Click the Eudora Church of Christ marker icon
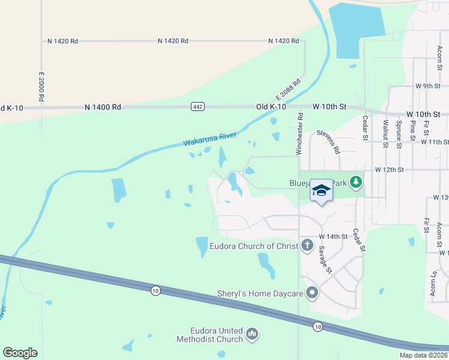click(307, 245)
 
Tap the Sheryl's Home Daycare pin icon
click(312, 293)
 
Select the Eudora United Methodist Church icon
click(252, 334)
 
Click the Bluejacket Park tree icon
click(356, 181)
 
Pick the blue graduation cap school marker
click(321, 191)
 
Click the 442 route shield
click(197, 106)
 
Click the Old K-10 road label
click(276, 106)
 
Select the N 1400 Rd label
click(103, 107)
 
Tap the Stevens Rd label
click(328, 141)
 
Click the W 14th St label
click(333, 237)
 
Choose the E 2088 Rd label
click(288, 89)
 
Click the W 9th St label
click(428, 86)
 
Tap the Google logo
click(20, 353)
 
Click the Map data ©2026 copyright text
click(423, 355)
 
